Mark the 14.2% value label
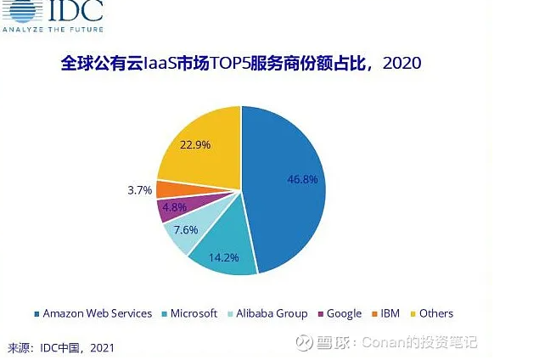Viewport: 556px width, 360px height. [223, 257]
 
